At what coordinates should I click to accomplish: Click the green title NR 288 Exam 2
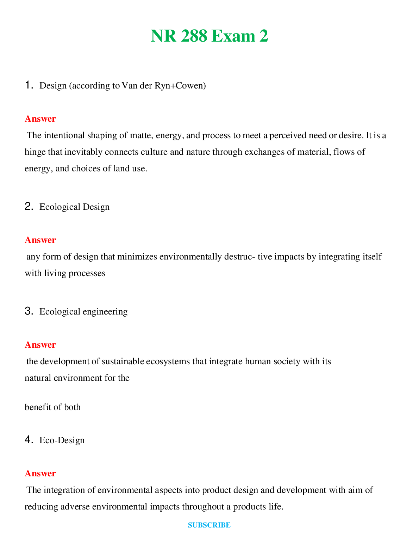coord(210,36)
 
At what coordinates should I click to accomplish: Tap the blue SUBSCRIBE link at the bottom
coord(209,525)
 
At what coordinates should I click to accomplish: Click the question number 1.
coord(29,85)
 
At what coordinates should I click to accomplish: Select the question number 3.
coord(29,311)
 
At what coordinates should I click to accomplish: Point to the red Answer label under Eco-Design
coord(40,473)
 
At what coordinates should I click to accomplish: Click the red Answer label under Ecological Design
coord(40,240)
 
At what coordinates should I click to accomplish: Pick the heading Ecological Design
coord(74,207)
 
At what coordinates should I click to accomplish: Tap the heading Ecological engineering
coord(83,312)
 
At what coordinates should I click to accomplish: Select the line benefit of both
coord(53,407)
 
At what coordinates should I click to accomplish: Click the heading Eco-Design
coord(62,440)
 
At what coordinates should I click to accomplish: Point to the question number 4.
coord(29,440)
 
